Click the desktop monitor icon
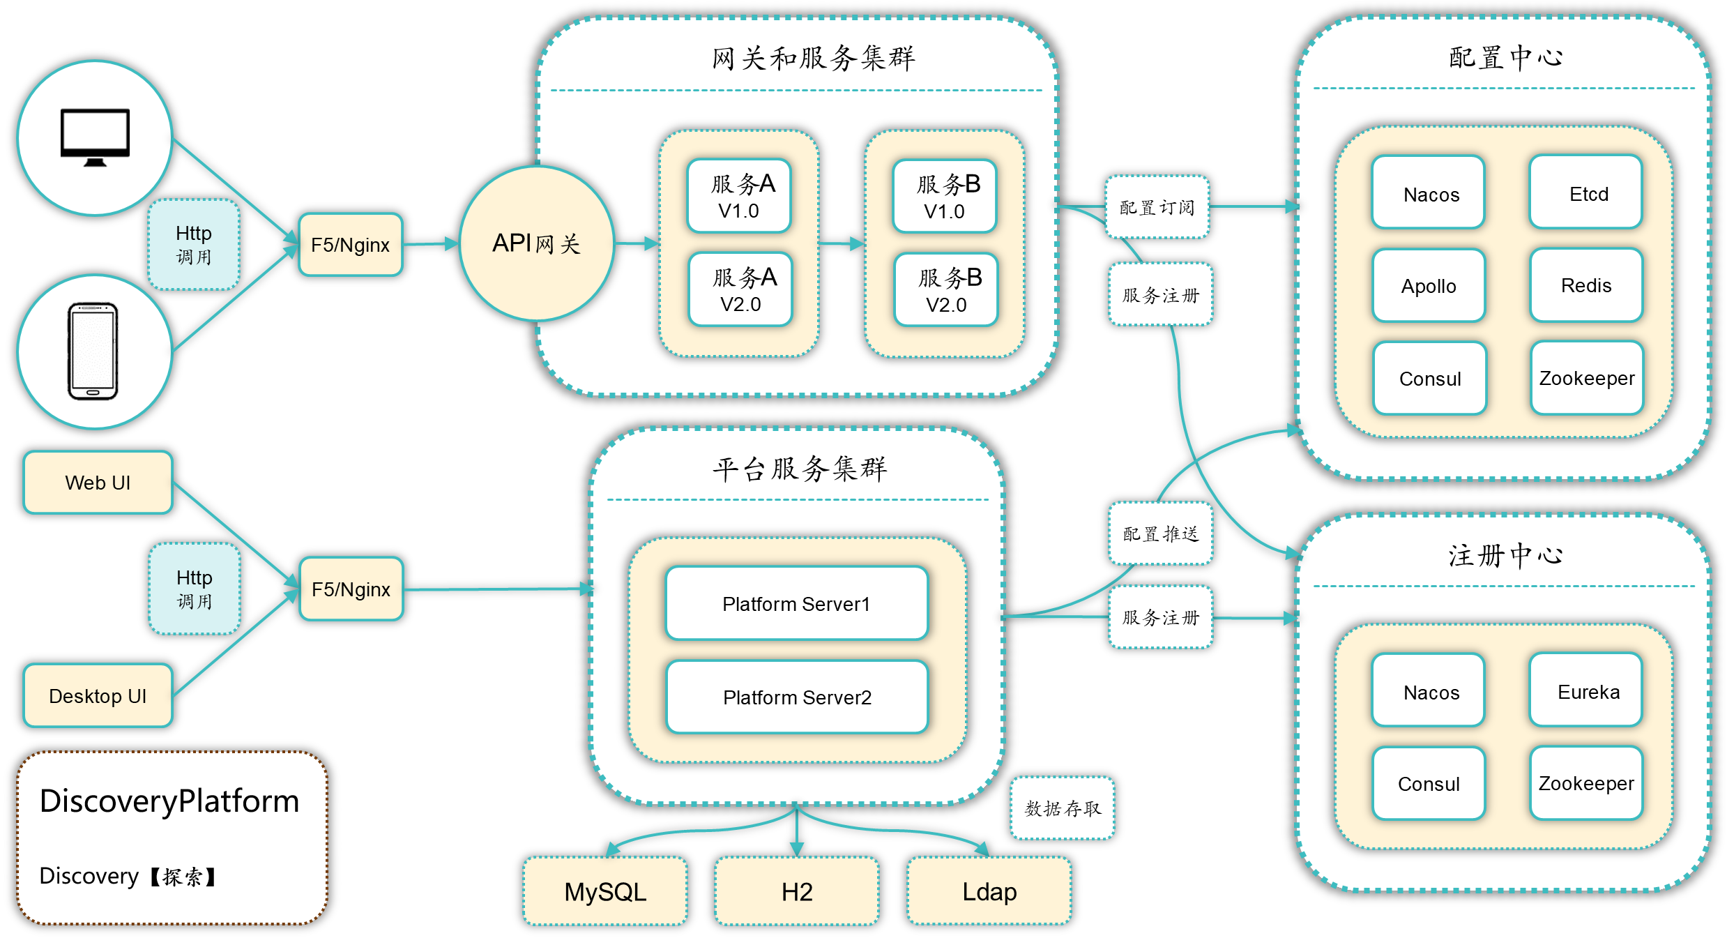click(x=95, y=137)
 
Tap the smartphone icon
click(x=93, y=351)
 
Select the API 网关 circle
click(x=536, y=243)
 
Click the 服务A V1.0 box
click(x=739, y=196)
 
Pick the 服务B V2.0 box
click(x=946, y=290)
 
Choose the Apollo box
click(x=1429, y=286)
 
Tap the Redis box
click(x=1585, y=285)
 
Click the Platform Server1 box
click(x=796, y=603)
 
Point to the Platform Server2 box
click(x=797, y=697)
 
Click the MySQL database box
click(x=605, y=891)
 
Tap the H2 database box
click(x=797, y=891)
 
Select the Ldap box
click(x=989, y=891)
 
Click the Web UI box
click(x=98, y=483)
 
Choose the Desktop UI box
click(x=98, y=695)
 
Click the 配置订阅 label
click(x=1157, y=207)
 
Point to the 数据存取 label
click(x=1062, y=808)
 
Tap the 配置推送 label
click(x=1160, y=534)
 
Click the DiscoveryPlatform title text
click(x=169, y=801)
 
